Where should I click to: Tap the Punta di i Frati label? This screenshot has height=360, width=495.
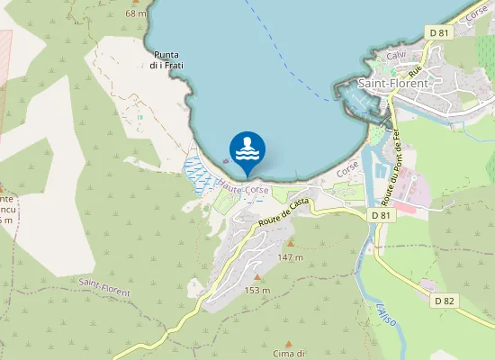[x=166, y=58]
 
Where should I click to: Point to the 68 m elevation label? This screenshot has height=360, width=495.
[x=136, y=13]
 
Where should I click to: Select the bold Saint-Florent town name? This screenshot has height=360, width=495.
[x=393, y=83]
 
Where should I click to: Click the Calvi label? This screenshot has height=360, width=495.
[x=397, y=56]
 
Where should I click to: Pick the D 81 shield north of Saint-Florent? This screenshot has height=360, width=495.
[x=438, y=33]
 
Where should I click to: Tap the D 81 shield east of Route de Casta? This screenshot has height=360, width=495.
[x=381, y=216]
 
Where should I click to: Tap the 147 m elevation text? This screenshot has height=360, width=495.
[x=290, y=257]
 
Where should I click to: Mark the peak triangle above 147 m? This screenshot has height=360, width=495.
[x=290, y=243]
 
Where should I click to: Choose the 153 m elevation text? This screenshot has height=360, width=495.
[x=257, y=290]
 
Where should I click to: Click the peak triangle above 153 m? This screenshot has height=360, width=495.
[x=257, y=276]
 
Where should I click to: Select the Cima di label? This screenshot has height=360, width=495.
[x=290, y=354]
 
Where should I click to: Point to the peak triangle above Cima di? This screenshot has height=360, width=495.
[x=289, y=343]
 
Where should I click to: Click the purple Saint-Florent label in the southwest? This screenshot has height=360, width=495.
[x=103, y=287]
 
